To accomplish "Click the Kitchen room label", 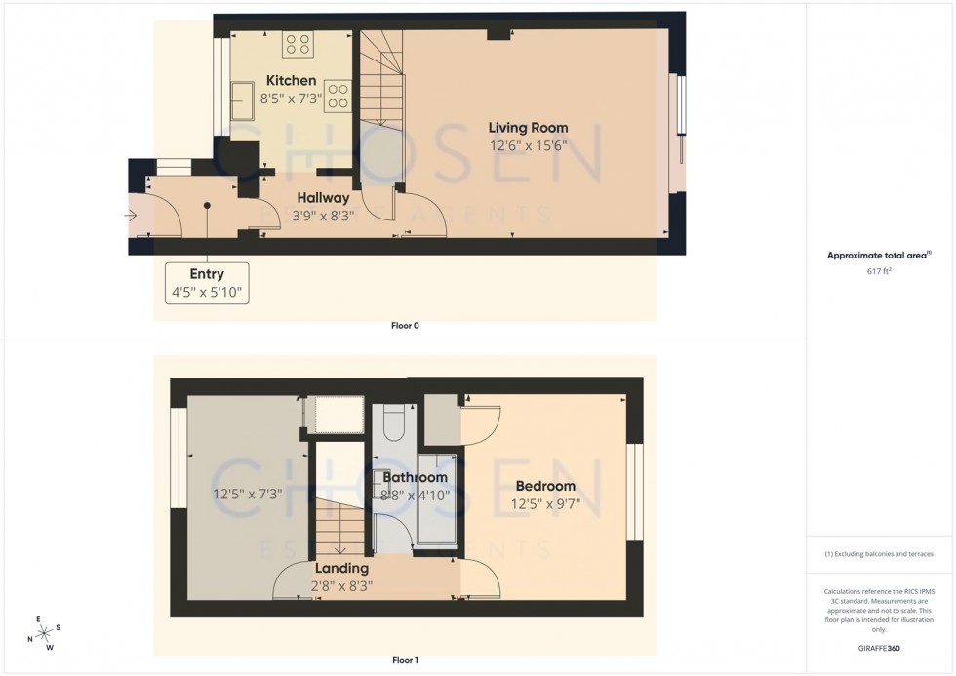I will pyautogui.click(x=291, y=80).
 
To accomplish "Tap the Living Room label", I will pyautogui.click(x=528, y=128).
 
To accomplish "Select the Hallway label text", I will pyautogui.click(x=323, y=198).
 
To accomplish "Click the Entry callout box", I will pyautogui.click(x=207, y=283).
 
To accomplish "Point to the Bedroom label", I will pyautogui.click(x=545, y=486).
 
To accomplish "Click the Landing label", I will pyautogui.click(x=341, y=568).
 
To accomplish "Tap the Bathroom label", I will pyautogui.click(x=415, y=477).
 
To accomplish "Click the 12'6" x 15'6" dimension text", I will pyautogui.click(x=528, y=146).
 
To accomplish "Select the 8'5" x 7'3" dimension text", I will pyautogui.click(x=291, y=99).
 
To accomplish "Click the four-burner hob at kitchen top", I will pyautogui.click(x=298, y=45).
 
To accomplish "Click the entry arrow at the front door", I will pyautogui.click(x=132, y=217).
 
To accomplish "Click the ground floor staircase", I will pyautogui.click(x=381, y=88).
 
